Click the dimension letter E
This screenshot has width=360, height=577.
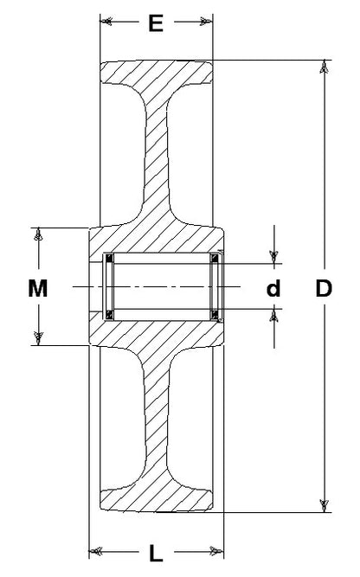tap(156, 23)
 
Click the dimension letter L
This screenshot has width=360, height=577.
tap(156, 554)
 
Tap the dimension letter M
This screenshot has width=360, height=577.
tap(37, 288)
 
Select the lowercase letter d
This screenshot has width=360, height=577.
tap(273, 288)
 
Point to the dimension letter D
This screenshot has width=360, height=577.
tap(324, 288)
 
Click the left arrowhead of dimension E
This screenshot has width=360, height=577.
tap(106, 22)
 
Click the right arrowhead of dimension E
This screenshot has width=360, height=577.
tap(207, 22)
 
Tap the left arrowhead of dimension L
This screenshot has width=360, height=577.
tap(95, 551)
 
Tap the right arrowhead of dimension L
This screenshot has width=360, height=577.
tap(217, 551)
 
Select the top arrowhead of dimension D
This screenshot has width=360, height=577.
tap(324, 67)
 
